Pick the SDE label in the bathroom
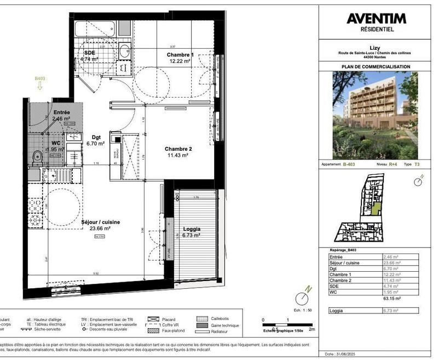point(89,53)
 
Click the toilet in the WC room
point(36,157)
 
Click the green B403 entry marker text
point(39,78)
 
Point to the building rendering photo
point(375,115)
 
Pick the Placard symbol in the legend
point(154,318)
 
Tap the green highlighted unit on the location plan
point(375,208)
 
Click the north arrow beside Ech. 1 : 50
point(301,298)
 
